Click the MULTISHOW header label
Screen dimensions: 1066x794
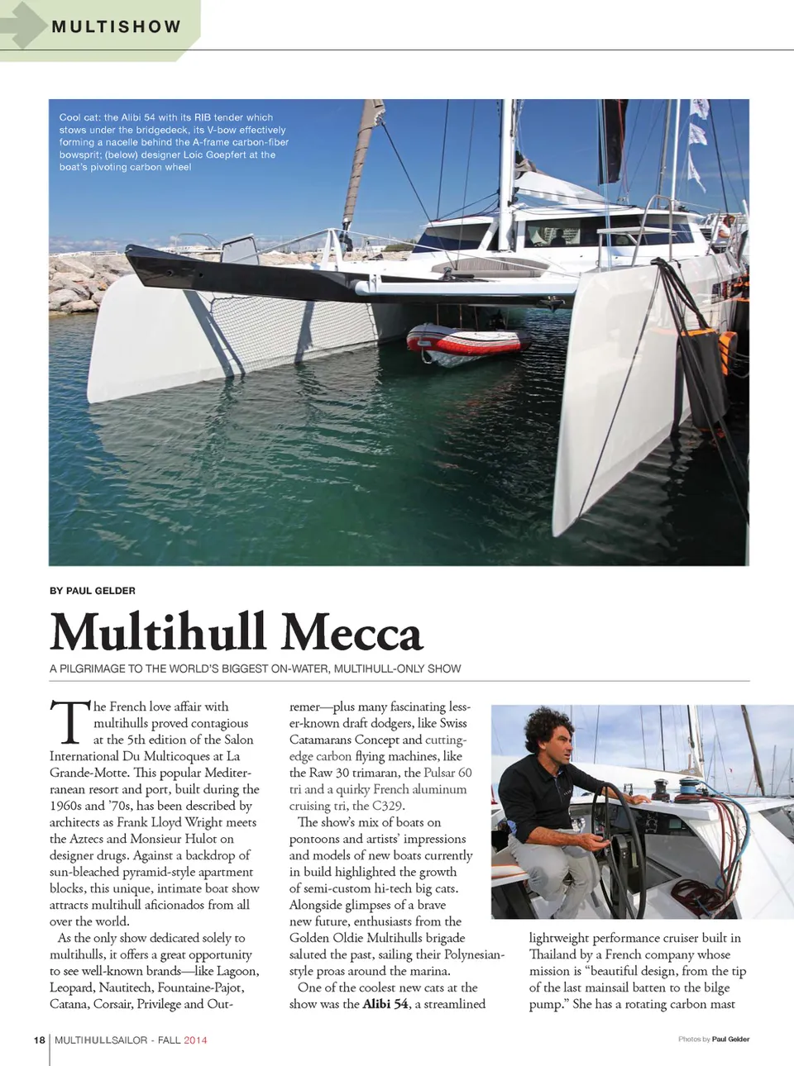pyautogui.click(x=116, y=26)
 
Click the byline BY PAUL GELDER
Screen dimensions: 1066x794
pyautogui.click(x=93, y=591)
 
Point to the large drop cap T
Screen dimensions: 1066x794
pyautogui.click(x=69, y=722)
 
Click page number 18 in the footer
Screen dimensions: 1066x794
pyautogui.click(x=40, y=1040)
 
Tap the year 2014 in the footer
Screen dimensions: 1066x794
pyautogui.click(x=195, y=1040)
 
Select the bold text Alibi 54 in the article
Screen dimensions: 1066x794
pyautogui.click(x=385, y=1004)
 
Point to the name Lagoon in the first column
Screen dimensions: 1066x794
pyautogui.click(x=237, y=971)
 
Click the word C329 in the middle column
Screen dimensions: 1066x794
pyautogui.click(x=388, y=806)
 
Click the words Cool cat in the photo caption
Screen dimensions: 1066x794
pyautogui.click(x=79, y=117)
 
